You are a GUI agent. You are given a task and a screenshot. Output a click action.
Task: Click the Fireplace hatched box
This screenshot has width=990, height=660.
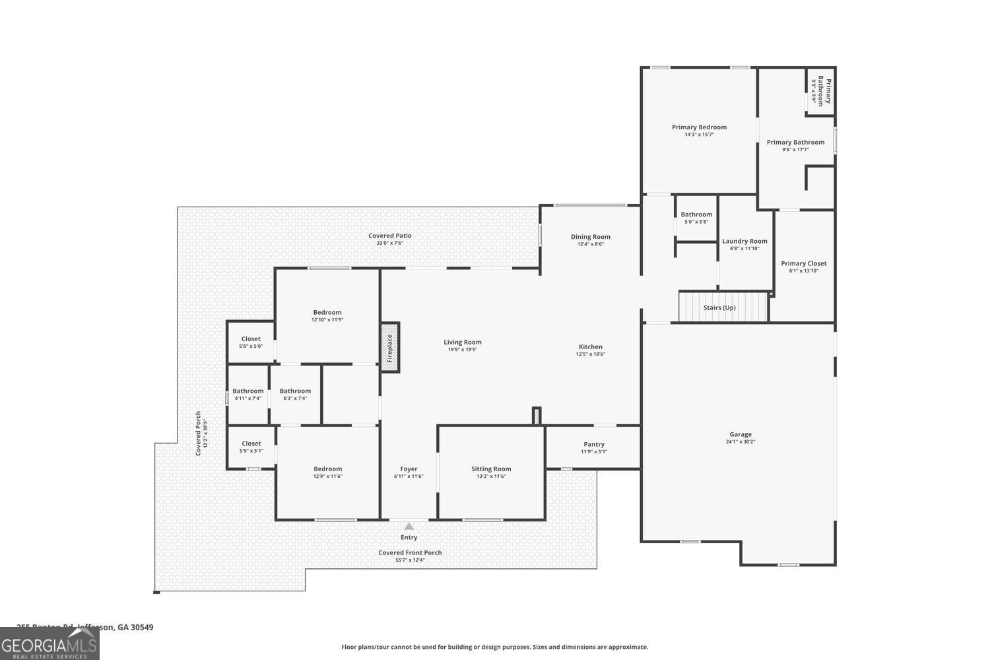click(x=389, y=347)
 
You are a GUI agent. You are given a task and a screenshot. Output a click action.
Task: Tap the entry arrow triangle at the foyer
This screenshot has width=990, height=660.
click(x=409, y=526)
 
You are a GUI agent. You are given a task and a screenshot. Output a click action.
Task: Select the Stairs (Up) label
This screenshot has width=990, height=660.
click(x=719, y=308)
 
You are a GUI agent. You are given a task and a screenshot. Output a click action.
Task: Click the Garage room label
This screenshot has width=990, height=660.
click(x=741, y=434)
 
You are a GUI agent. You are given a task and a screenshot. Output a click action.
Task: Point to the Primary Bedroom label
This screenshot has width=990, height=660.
click(x=699, y=127)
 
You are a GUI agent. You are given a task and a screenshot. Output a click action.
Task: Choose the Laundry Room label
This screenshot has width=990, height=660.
click(x=744, y=242)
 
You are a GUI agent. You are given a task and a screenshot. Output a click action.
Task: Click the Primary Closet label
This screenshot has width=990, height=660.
click(x=803, y=263)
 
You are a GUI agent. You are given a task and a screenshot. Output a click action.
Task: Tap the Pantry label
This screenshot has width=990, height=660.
click(x=594, y=444)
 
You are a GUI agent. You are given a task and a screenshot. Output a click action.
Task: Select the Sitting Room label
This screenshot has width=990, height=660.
click(x=491, y=469)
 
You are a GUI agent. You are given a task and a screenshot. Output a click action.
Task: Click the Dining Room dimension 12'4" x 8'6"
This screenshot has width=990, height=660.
click(x=591, y=244)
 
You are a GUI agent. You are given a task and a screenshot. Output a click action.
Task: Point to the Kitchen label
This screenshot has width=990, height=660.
click(x=591, y=346)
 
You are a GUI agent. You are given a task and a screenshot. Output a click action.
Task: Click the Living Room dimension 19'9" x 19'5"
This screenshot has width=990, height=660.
click(x=462, y=350)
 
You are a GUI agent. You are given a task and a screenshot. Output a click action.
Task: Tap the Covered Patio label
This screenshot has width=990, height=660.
click(x=390, y=236)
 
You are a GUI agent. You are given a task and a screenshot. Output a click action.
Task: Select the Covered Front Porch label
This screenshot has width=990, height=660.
click(x=410, y=552)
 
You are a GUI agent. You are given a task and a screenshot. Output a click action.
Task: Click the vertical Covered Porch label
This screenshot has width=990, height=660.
click(x=198, y=434)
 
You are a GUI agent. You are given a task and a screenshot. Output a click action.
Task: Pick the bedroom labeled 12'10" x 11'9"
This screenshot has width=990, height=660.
click(x=327, y=315)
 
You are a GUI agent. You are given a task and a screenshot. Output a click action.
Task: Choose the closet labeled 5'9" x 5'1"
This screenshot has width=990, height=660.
click(x=251, y=447)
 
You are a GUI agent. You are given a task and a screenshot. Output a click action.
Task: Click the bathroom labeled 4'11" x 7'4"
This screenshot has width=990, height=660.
click(x=248, y=394)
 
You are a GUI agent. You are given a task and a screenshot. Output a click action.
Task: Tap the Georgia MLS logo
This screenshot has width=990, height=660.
click(x=49, y=644)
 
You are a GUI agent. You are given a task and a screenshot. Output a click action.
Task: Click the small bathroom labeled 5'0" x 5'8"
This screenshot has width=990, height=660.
click(x=696, y=218)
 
